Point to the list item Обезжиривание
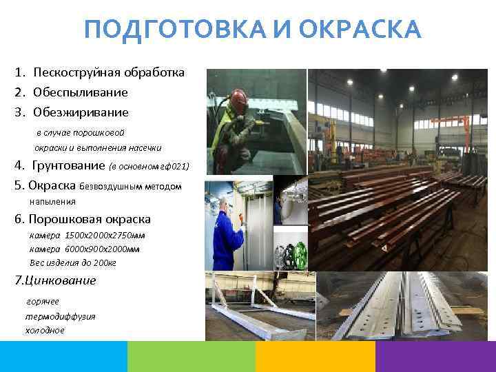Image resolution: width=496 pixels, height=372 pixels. (x=81, y=111)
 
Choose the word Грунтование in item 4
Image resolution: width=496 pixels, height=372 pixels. (x=70, y=166)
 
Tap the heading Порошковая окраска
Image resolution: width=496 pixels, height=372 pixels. (x=90, y=220)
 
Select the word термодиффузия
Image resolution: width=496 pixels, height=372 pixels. (x=60, y=316)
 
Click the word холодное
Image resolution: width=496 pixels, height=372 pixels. (x=45, y=330)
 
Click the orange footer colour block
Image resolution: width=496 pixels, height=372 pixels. (x=315, y=357)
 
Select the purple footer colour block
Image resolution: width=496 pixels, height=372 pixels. (x=435, y=357)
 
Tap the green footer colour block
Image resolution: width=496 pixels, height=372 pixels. (x=191, y=357)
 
